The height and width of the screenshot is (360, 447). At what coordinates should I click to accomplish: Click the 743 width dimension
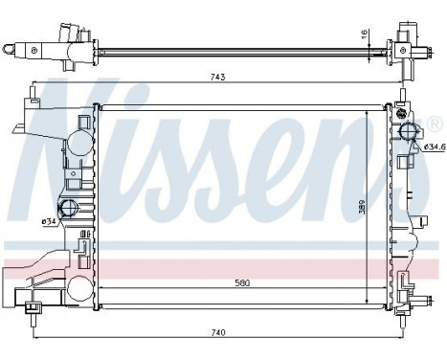tap(219, 79)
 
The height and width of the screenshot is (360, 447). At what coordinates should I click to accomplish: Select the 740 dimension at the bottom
tap(219, 332)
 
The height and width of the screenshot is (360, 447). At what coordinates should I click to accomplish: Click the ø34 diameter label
tap(47, 222)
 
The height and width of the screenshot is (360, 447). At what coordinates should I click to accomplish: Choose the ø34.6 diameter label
tap(433, 146)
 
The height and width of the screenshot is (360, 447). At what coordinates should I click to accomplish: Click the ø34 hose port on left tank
tap(69, 210)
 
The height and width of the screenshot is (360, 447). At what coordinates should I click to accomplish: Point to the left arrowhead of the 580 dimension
tap(102, 290)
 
